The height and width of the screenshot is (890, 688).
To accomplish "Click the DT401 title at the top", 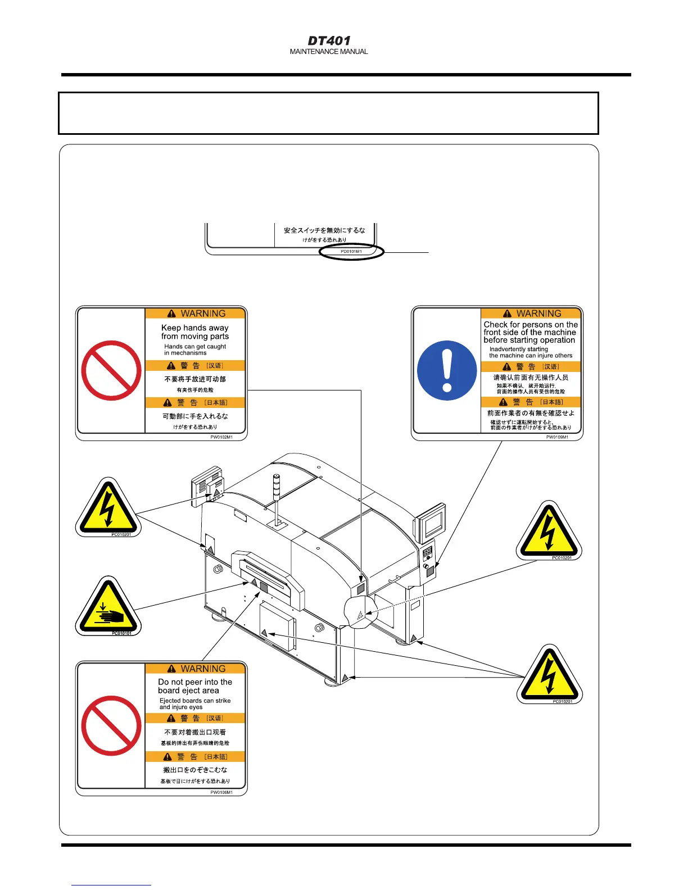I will [x=329, y=40].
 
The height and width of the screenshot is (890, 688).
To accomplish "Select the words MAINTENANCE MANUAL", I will [x=329, y=52].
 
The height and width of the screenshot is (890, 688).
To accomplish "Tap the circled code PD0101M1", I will [x=351, y=252].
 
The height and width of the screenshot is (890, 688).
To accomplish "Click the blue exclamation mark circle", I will [x=447, y=370].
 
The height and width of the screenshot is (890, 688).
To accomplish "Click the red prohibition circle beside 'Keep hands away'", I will [x=111, y=370].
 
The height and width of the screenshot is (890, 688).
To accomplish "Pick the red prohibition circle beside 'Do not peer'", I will [x=111, y=725].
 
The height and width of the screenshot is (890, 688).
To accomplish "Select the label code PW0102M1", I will [x=221, y=437].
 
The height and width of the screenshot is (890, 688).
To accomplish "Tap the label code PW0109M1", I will [x=557, y=437].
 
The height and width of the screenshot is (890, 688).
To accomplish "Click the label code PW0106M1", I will [x=221, y=792].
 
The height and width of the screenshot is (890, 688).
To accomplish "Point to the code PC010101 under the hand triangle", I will [x=121, y=633].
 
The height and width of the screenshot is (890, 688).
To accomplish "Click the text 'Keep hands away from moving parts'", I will [x=195, y=332].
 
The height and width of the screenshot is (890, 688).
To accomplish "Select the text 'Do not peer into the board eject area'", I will [x=195, y=686].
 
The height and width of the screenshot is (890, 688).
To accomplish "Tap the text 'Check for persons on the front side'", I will [x=531, y=332].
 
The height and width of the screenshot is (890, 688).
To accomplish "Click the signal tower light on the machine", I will [x=276, y=487].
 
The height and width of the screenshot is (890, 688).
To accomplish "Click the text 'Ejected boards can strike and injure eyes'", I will [x=195, y=704].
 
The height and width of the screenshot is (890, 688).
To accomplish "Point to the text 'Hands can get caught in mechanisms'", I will [x=195, y=350].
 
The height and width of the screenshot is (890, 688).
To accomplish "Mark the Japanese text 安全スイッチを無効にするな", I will [x=324, y=230].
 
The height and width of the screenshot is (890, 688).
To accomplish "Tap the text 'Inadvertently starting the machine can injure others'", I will [x=531, y=352].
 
